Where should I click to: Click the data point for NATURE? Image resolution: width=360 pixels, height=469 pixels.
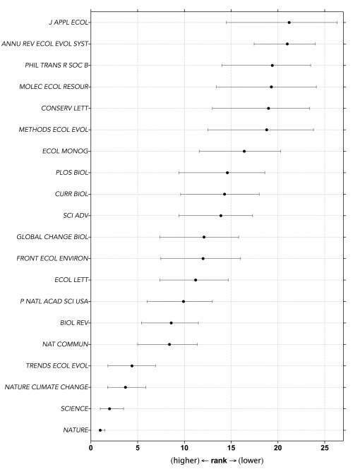pos(100,430)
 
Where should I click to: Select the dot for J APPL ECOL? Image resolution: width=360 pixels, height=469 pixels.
pos(289,23)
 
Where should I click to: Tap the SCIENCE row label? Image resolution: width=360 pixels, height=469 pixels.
pos(74,409)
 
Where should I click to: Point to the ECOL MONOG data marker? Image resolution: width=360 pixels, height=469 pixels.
pos(244,151)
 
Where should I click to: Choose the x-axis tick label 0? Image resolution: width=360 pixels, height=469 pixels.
pos(91,447)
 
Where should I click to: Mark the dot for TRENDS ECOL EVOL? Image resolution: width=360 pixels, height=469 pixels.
pos(132,366)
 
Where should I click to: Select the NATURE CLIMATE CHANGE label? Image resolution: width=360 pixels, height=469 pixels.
pos(47,387)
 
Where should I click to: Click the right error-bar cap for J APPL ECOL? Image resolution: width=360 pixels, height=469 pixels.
pos(337,23)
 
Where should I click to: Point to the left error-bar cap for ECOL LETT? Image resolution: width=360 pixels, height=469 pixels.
pos(160,280)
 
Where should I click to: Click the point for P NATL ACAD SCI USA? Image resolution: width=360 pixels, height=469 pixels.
pos(184,301)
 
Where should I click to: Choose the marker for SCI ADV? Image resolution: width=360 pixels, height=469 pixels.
pos(221,216)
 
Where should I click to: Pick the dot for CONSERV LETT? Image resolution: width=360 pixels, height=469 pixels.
pos(268,109)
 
